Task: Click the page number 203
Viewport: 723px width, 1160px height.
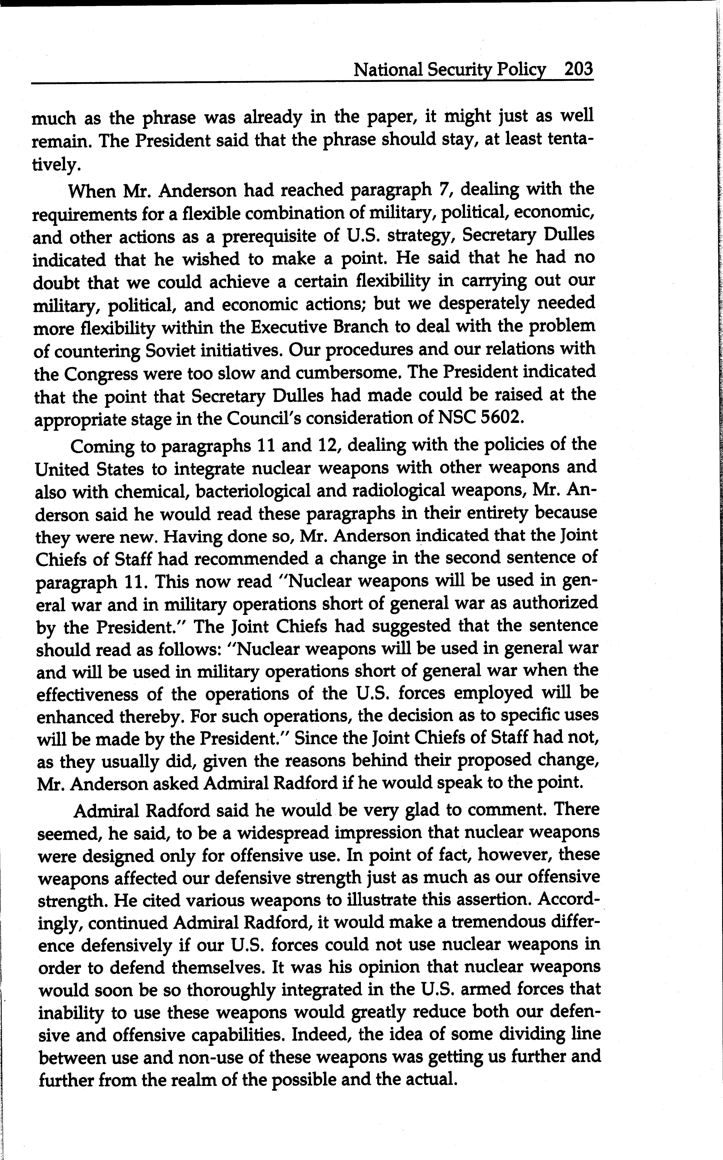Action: coord(578,70)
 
